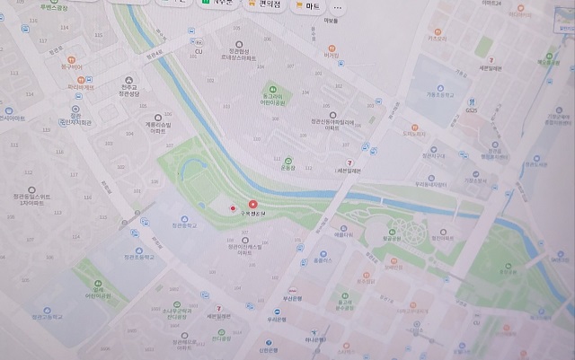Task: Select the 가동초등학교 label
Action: [437, 92]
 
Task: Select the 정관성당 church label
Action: [129, 92]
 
